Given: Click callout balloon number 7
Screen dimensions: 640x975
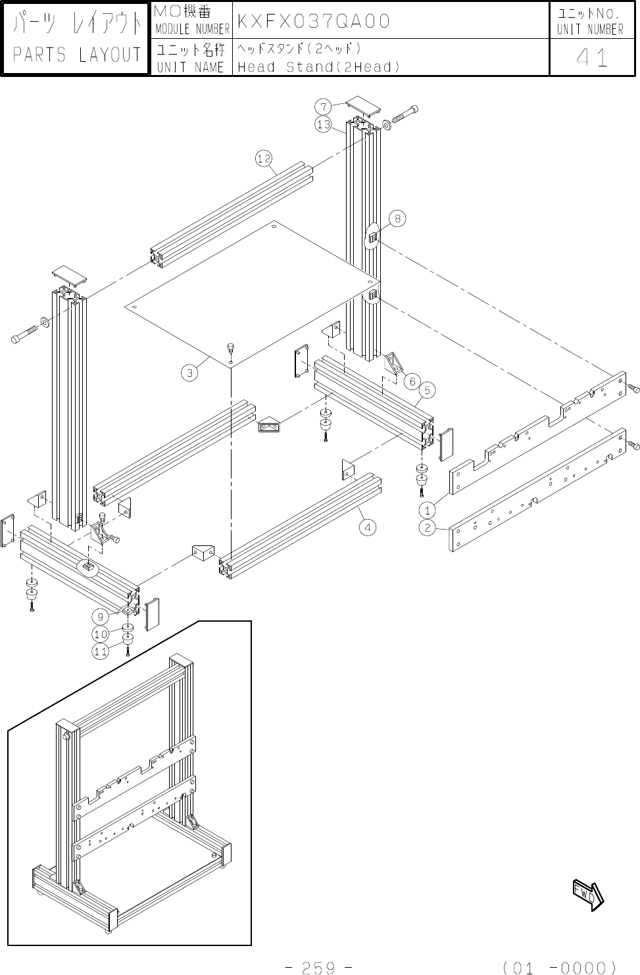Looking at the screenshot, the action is pos(323,106).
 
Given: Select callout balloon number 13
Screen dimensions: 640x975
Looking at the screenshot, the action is pos(323,124).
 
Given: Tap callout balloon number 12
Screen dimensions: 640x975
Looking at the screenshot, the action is pos(264,158).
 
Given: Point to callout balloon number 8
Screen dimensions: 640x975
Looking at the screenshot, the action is pos(398,218).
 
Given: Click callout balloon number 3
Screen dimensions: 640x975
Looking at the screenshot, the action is pos(189,373).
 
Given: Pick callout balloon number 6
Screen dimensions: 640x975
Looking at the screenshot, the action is pos(412,381).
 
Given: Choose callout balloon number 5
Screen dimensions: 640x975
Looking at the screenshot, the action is pos(427,391).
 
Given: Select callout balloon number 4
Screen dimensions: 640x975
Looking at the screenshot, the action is pos(368,527).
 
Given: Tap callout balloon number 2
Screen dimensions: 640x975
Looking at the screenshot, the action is pos(428,527).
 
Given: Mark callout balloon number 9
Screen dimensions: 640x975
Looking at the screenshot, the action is pos(100,616).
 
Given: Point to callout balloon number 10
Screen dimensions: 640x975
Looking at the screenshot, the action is pos(100,634).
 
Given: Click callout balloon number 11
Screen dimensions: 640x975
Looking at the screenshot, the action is pos(100,651).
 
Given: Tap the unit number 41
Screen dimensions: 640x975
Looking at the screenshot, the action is pos(591,58).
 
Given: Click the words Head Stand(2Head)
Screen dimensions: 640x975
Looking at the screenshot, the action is pos(319,67).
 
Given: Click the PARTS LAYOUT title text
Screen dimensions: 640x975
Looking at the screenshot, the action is pos(76,55).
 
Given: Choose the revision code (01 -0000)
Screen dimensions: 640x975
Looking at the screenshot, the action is pos(559,967).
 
